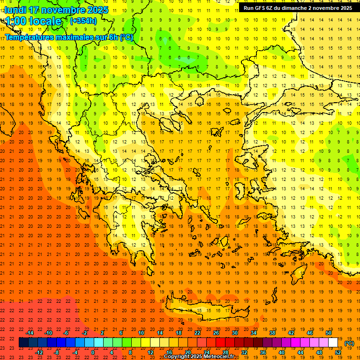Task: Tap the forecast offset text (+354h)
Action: pos(83,21)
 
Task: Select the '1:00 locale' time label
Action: pos(33,21)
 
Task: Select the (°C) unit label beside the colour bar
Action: pos(349,343)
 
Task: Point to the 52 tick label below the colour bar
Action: pos(338,352)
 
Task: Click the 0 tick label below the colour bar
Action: pos(93,352)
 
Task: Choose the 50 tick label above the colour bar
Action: pos(329,333)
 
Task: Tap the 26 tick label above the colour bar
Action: pos(216,333)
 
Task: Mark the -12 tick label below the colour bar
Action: pos(39,352)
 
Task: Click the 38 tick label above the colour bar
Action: pos(272,333)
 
